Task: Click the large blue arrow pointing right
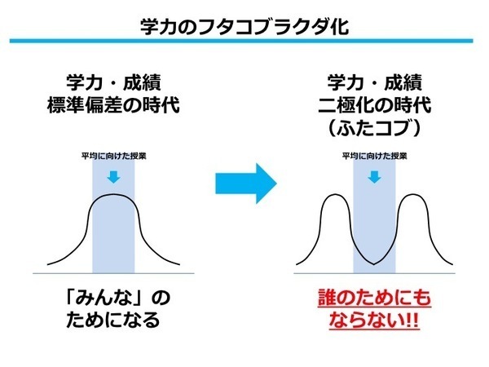tap(246, 183)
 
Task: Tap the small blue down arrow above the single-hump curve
tap(113, 177)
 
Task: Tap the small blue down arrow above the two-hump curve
tap(374, 177)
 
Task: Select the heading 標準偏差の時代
tap(113, 105)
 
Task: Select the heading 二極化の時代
tap(375, 105)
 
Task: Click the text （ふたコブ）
tap(375, 128)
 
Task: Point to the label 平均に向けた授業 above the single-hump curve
tap(114, 156)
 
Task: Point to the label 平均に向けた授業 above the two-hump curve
tap(375, 156)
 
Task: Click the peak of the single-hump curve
tap(113, 194)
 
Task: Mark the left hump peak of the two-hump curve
tap(335, 195)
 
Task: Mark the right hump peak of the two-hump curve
tap(413, 195)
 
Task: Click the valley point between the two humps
tap(374, 264)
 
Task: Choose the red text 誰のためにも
tap(375, 298)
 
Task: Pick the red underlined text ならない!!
tap(373, 321)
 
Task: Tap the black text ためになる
tap(113, 321)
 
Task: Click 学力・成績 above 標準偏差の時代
tap(113, 82)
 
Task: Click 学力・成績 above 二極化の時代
tap(375, 82)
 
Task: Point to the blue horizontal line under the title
tap(241, 41)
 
